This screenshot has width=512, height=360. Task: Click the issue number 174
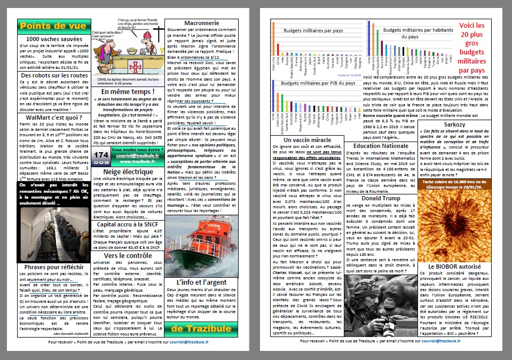(x=101, y=155)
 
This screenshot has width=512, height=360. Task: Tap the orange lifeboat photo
(x=202, y=249)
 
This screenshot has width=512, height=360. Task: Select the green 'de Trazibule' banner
(x=202, y=327)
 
